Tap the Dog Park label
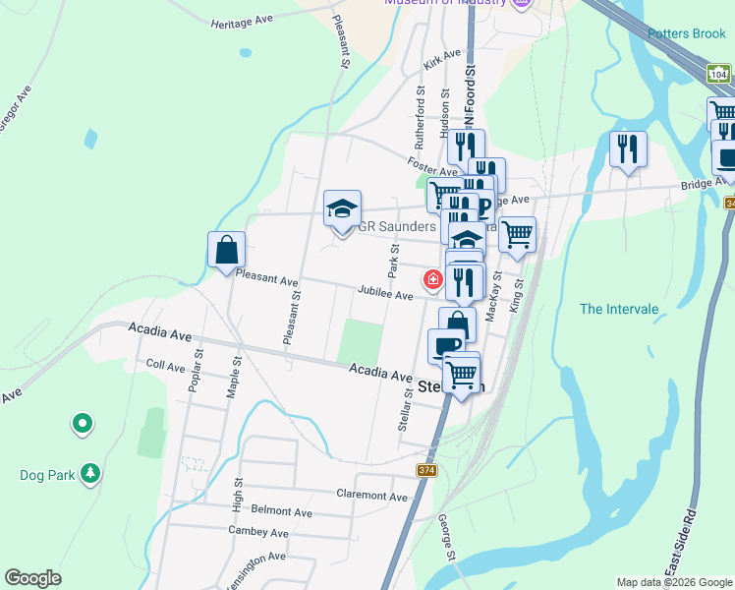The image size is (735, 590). [48, 475]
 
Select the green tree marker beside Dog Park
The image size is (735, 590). [90, 474]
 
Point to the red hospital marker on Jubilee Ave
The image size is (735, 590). [432, 280]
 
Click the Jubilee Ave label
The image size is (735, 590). [385, 293]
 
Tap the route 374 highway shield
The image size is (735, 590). [426, 470]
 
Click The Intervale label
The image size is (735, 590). [619, 309]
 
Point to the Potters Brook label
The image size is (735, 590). [687, 33]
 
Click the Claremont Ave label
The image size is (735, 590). [371, 496]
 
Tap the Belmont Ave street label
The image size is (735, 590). [281, 511]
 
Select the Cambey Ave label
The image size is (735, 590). [257, 533]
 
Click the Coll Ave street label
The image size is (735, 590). [165, 366]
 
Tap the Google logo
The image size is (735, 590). [33, 578]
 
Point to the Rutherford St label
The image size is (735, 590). [420, 110]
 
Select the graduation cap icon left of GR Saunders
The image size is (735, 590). [342, 208]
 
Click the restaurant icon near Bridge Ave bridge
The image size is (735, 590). [628, 148]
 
